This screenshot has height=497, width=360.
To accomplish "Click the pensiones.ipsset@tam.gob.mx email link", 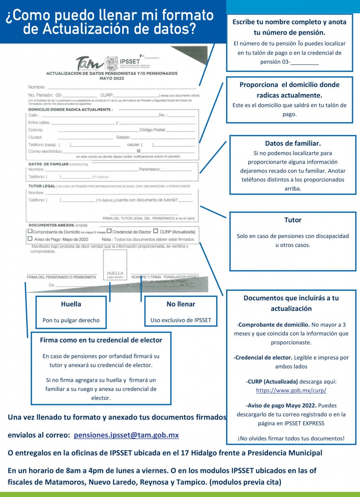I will coord(126,435).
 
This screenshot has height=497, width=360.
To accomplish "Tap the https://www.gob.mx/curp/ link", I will coord(291,390).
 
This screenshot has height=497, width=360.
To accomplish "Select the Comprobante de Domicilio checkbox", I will coord(30,232).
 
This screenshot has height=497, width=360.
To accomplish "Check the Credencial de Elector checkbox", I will coord(109,232).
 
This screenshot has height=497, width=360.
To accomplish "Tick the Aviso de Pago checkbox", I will coord(30,239).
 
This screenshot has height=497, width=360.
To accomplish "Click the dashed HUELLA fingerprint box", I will coord(115,265).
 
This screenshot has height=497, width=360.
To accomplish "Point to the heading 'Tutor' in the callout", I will coord(292,220).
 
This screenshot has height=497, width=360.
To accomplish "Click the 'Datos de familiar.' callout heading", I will coord(292,144).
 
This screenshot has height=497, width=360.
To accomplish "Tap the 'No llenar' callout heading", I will coord(181,304).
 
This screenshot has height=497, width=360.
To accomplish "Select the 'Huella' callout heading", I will coord(71,304).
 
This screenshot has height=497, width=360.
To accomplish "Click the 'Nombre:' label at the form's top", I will coord(36,87).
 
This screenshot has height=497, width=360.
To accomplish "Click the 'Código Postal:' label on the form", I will coord(152,130).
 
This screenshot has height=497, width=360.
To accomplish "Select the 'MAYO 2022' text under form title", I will coord(111,78).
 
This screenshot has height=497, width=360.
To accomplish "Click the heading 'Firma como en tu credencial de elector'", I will coord(101,340).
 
